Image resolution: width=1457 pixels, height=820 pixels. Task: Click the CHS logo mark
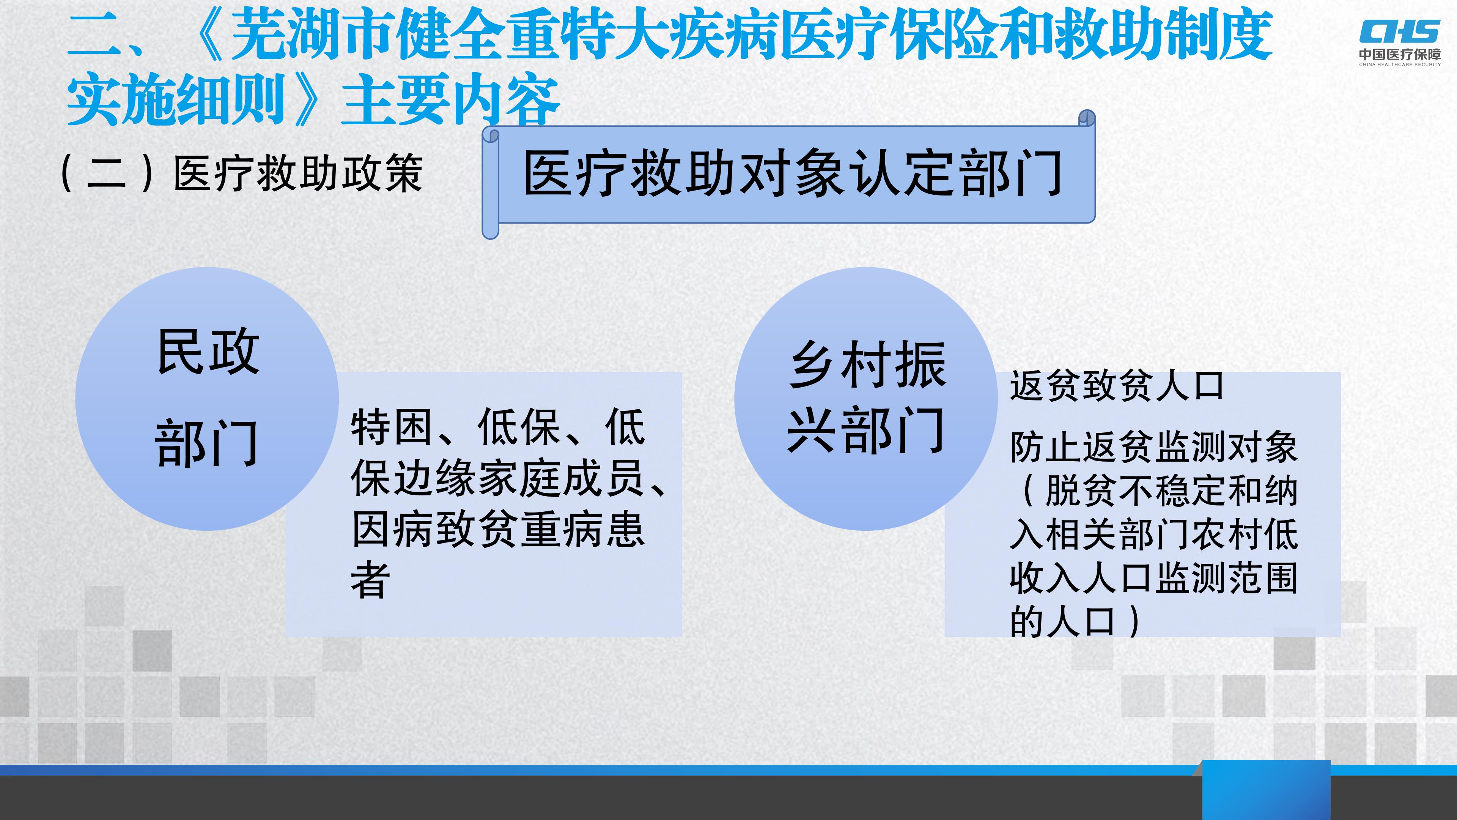(1400, 31)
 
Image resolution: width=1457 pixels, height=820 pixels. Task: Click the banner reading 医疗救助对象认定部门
(790, 174)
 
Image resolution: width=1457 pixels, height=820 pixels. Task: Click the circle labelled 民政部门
(207, 399)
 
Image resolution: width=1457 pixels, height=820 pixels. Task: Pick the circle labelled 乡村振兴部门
(866, 399)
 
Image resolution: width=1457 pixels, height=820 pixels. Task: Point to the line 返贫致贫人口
(1117, 386)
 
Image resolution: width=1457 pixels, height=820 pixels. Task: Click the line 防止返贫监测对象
(1154, 447)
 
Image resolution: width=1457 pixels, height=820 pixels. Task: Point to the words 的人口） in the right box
(1075, 621)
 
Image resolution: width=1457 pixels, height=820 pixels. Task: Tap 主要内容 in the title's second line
(451, 101)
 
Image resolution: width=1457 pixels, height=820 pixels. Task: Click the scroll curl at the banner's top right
(1087, 118)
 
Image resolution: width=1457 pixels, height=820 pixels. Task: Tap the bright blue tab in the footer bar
(1266, 790)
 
